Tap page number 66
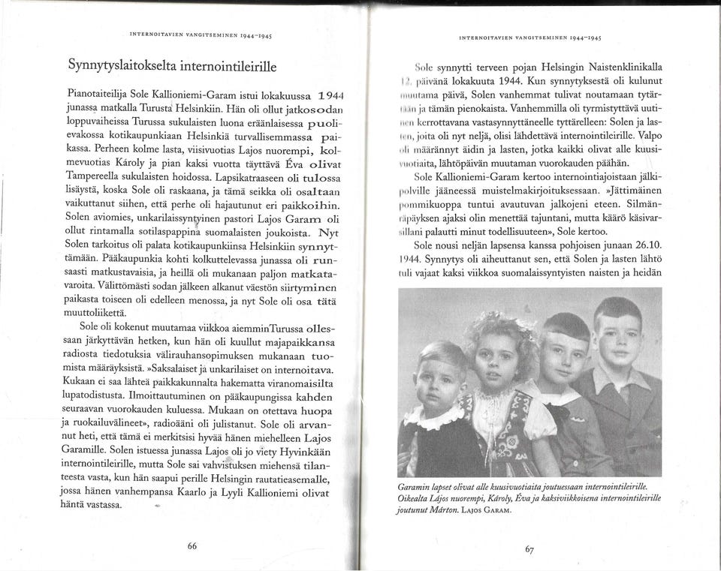click(192, 546)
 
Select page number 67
click(529, 548)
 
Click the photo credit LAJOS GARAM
click(485, 510)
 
